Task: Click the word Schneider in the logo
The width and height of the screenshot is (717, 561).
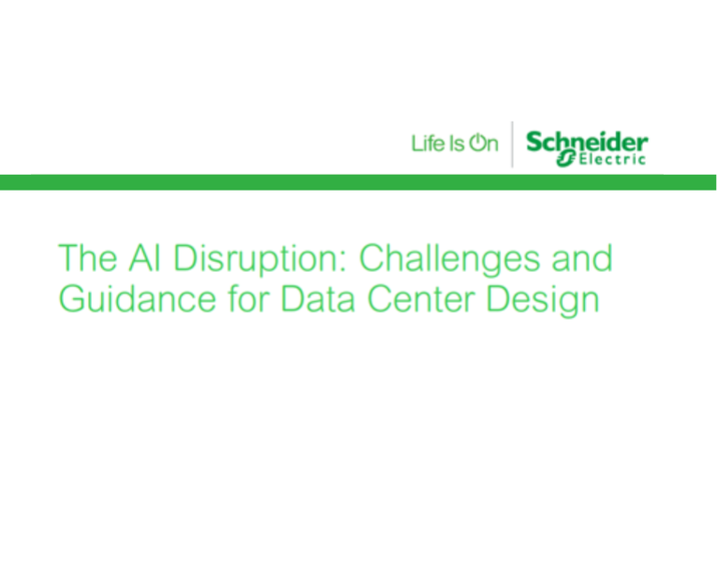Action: pyautogui.click(x=588, y=142)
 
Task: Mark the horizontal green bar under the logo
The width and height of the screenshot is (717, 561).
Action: pyautogui.click(x=358, y=181)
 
